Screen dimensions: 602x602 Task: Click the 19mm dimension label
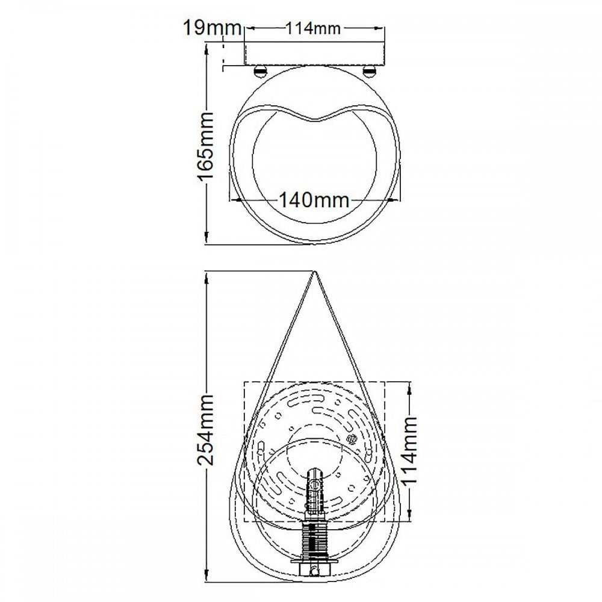point(213,28)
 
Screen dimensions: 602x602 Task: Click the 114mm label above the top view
point(313,28)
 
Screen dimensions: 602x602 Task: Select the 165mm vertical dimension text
point(205,146)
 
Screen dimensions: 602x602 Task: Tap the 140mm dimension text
point(314,200)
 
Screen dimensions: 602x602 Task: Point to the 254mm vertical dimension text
point(205,430)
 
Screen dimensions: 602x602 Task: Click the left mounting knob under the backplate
point(260,71)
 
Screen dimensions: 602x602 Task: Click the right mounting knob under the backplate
point(370,71)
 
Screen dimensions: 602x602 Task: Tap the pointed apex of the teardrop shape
point(314,272)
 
